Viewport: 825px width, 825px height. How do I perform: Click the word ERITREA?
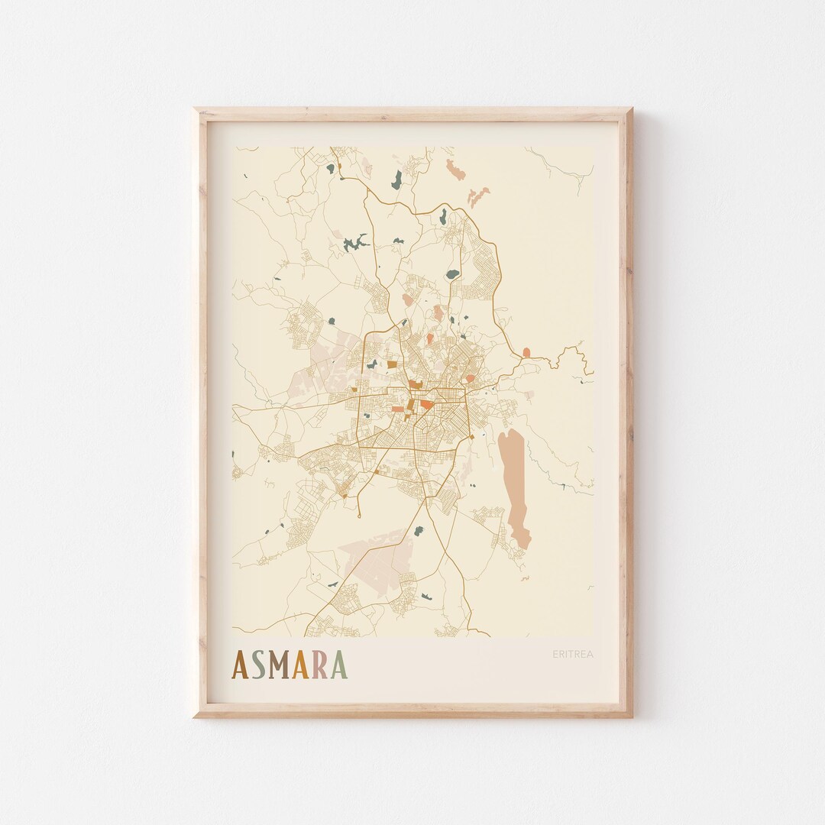point(573,654)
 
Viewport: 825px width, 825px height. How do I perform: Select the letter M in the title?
point(280,665)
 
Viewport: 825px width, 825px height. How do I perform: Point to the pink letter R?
point(320,665)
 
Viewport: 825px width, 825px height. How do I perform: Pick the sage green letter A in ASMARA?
point(338,665)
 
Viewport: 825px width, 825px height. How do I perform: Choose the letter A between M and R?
point(301,665)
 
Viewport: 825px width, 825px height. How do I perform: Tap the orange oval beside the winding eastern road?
point(526,352)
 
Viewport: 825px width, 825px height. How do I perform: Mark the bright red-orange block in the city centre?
point(425,403)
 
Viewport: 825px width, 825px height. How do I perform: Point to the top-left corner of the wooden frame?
point(196,110)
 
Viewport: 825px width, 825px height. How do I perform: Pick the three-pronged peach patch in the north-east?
point(478,196)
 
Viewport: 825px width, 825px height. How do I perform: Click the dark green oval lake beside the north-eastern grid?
point(453,273)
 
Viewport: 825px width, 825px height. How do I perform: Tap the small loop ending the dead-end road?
point(237,473)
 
